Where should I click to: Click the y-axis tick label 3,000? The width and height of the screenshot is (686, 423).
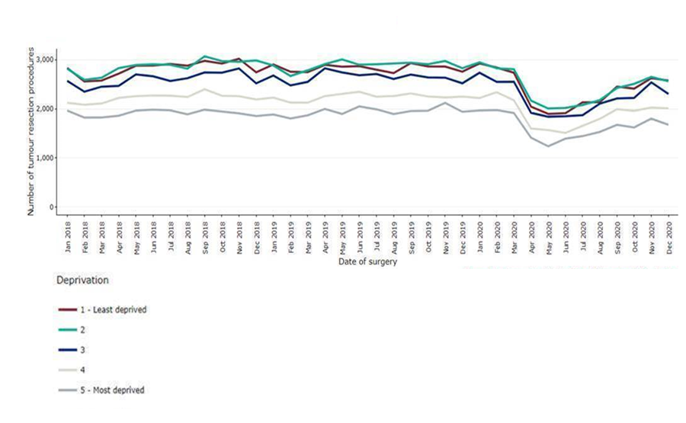(45, 59)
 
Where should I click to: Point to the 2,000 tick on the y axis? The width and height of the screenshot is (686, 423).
(45, 109)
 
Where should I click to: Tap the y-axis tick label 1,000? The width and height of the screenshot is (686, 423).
(45, 158)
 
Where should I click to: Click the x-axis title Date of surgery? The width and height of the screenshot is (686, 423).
(368, 262)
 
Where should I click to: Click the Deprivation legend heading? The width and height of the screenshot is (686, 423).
(82, 280)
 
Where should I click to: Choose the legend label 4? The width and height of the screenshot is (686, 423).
(91, 370)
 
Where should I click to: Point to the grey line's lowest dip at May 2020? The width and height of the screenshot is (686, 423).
(548, 146)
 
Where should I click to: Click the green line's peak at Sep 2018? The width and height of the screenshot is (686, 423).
(205, 56)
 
